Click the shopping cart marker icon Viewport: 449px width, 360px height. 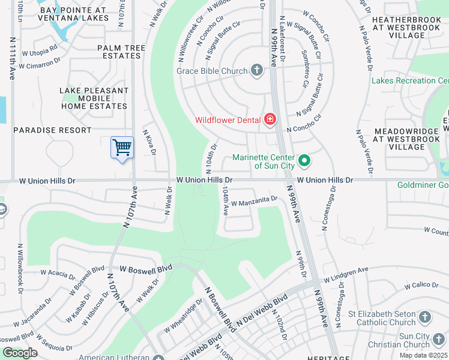(122, 146)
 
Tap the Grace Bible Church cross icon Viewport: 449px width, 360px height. (257, 71)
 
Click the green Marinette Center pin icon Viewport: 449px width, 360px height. (304, 160)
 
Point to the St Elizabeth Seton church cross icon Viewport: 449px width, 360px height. (425, 317)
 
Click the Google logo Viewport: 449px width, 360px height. (20, 353)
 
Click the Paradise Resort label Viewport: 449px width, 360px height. (52, 130)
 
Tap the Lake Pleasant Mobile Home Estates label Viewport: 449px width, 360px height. (94, 98)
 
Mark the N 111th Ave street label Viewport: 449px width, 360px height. (13, 58)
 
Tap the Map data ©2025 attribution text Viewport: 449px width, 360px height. (423, 355)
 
